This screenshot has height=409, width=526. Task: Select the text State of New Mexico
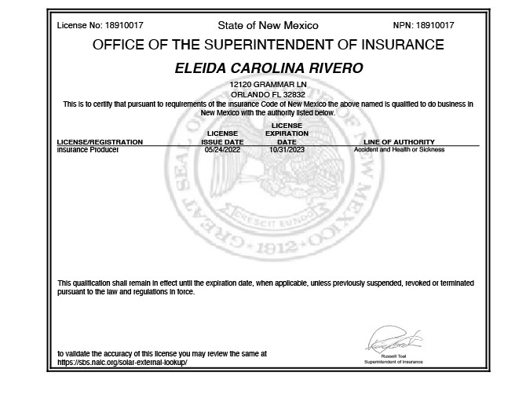(268, 26)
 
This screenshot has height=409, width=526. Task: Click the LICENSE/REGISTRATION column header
(100, 142)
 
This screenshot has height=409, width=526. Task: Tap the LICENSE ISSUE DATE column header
(222, 137)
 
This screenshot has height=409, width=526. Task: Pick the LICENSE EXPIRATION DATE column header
(287, 133)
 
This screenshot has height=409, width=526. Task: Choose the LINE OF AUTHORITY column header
(399, 142)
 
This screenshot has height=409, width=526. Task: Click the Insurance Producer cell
(88, 149)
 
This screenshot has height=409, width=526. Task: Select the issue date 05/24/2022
(222, 149)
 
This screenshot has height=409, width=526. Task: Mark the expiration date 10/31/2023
(287, 149)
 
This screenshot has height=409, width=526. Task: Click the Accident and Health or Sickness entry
(399, 149)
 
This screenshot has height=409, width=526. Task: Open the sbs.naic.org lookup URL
(122, 363)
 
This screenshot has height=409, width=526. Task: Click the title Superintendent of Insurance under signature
(393, 362)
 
